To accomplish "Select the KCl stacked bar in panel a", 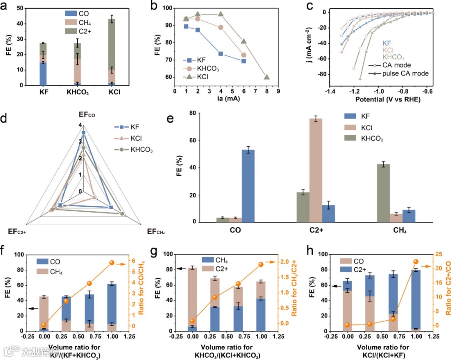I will [x=109, y=52].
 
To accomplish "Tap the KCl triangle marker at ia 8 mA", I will [x=266, y=77].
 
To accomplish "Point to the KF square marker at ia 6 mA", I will [x=244, y=61].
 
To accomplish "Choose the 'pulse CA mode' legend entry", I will [x=396, y=74].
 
